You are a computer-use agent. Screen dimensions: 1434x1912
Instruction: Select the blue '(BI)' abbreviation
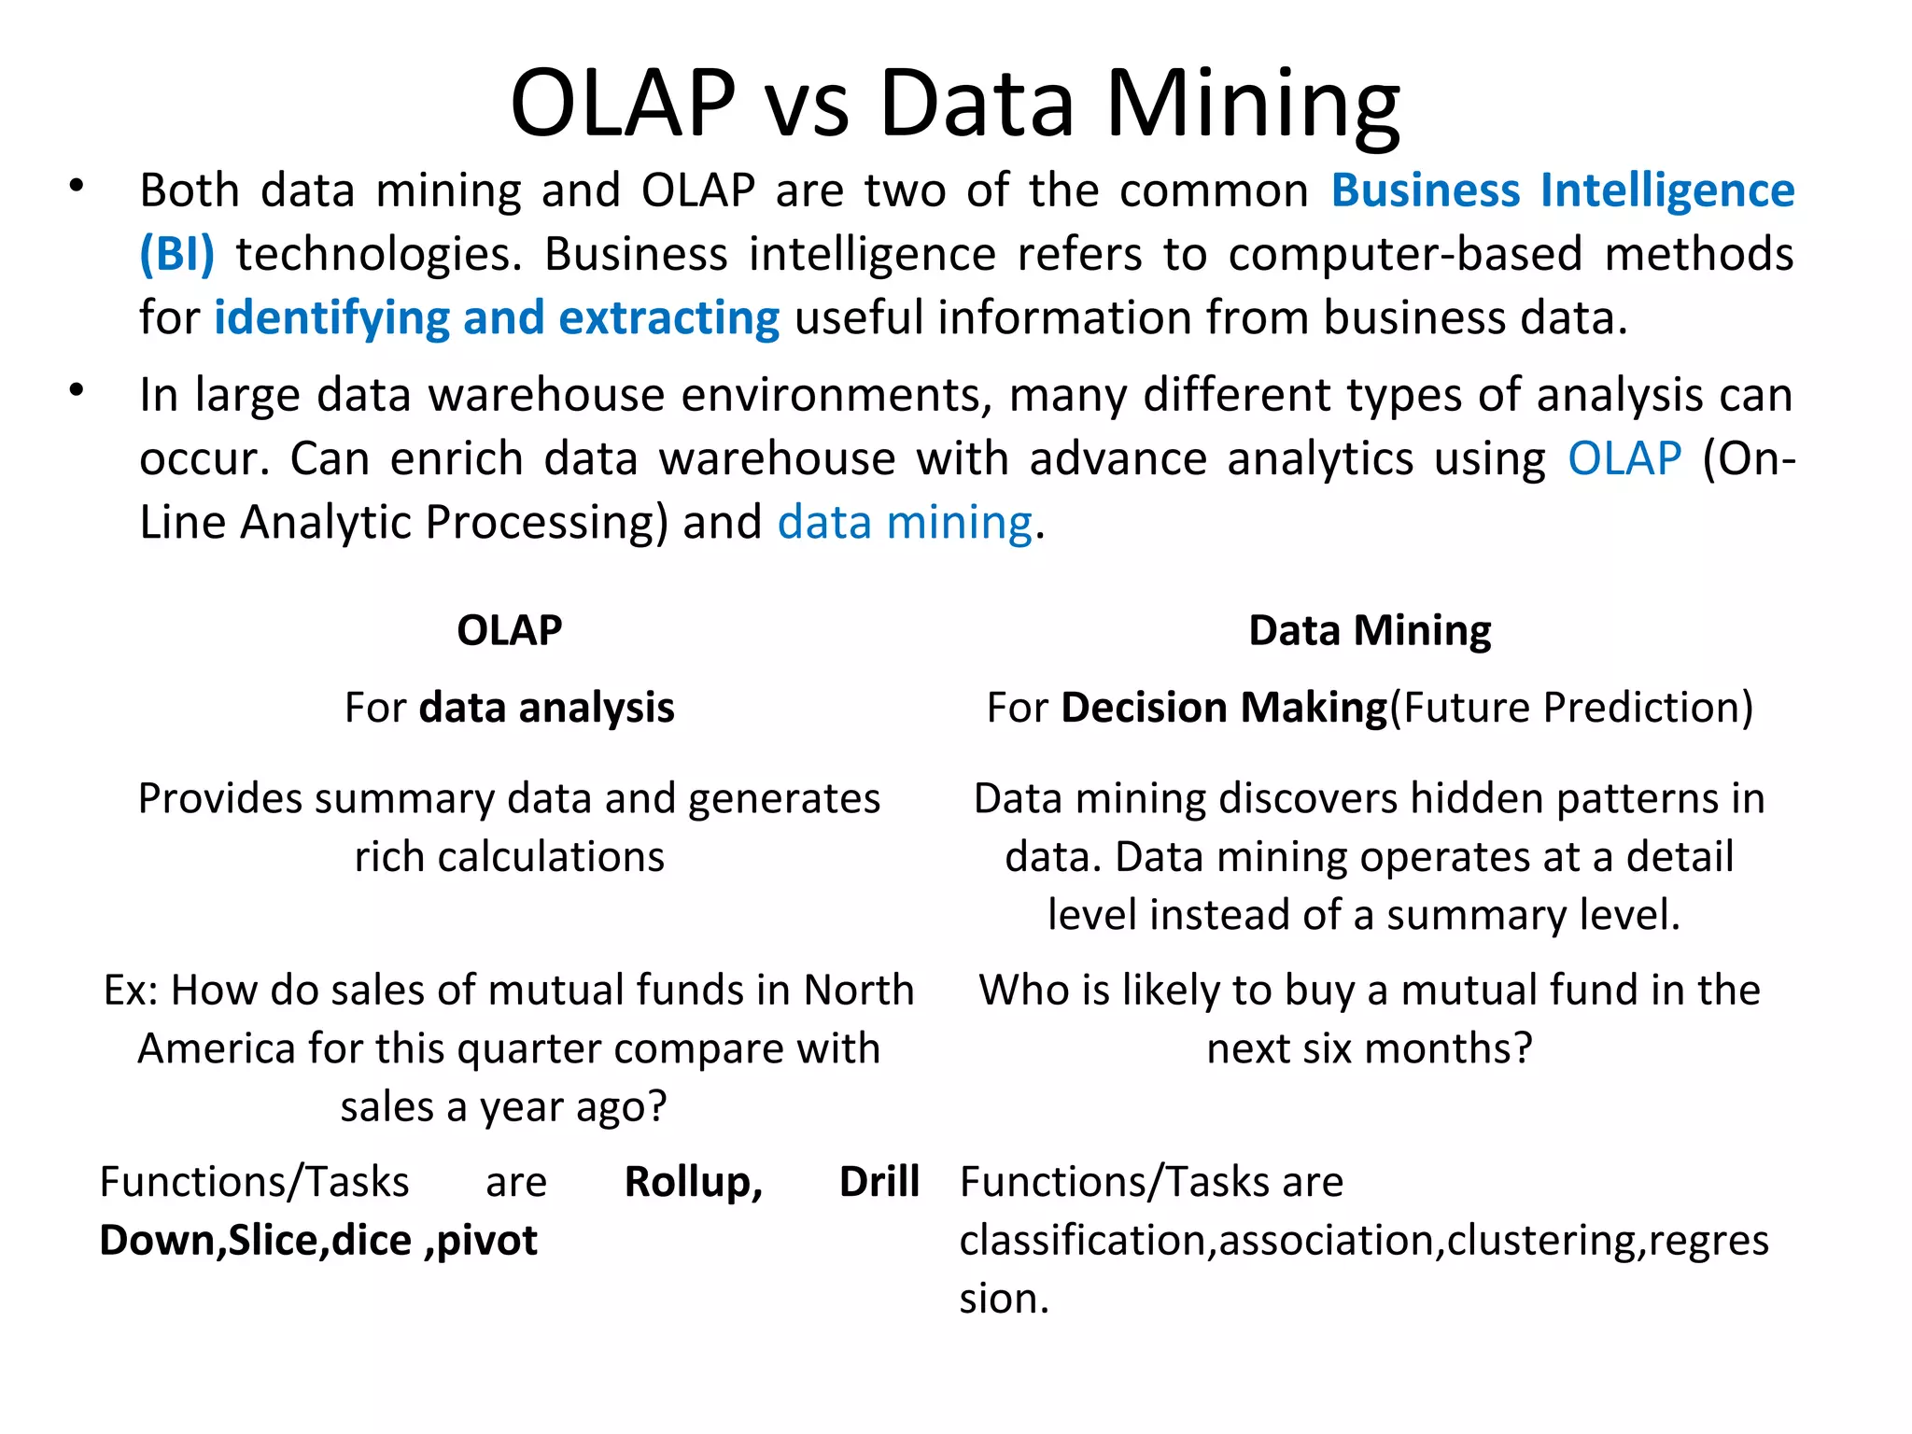click(x=176, y=254)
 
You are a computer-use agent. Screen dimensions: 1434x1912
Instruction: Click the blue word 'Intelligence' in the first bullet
click(x=1666, y=190)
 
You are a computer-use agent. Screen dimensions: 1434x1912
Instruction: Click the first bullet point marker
click(x=77, y=187)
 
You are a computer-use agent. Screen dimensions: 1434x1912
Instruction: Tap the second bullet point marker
click(x=77, y=390)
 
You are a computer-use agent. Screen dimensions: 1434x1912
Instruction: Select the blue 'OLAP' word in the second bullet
click(x=1624, y=458)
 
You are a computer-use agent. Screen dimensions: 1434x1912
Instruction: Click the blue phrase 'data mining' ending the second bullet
click(x=904, y=522)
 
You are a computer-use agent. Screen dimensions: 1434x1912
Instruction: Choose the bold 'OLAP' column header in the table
click(x=509, y=631)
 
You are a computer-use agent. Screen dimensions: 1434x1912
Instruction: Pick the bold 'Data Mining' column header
click(x=1369, y=631)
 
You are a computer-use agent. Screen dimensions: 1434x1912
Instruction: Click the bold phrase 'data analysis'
click(x=546, y=708)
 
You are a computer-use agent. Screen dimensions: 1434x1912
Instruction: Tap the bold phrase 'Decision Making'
click(x=1224, y=708)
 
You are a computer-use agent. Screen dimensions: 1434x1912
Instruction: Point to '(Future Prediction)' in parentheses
click(x=1571, y=708)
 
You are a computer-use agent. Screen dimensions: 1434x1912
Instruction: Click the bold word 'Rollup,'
click(x=693, y=1182)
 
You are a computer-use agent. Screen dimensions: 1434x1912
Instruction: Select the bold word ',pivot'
click(x=480, y=1241)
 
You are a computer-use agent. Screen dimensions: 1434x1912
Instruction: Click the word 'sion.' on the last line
click(x=1004, y=1299)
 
